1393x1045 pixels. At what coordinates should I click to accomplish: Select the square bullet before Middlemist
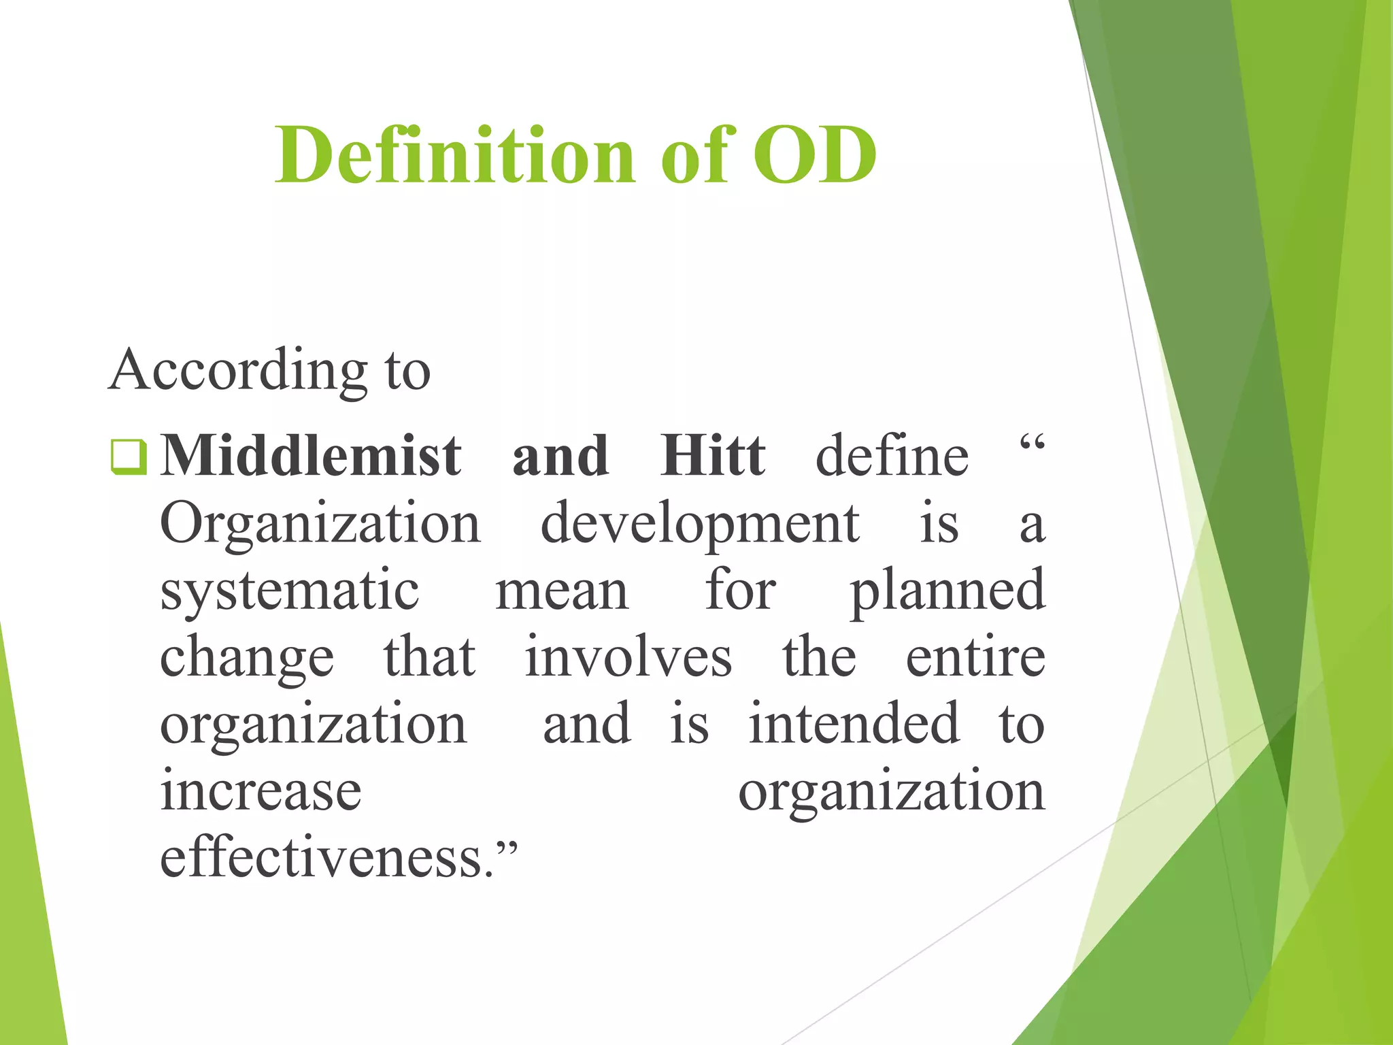pyautogui.click(x=128, y=457)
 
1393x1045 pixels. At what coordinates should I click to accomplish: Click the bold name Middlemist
pyautogui.click(x=311, y=456)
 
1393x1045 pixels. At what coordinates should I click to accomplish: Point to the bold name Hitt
pyautogui.click(x=713, y=456)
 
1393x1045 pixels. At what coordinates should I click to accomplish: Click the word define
pyautogui.click(x=892, y=456)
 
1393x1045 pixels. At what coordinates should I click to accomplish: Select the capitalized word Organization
pyautogui.click(x=320, y=525)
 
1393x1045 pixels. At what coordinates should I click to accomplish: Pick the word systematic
pyautogui.click(x=290, y=591)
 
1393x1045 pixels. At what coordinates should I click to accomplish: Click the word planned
pyautogui.click(x=947, y=591)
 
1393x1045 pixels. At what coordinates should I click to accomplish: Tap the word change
pyautogui.click(x=247, y=659)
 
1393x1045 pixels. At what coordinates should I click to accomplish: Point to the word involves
pyautogui.click(x=628, y=657)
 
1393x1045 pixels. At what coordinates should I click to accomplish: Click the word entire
pyautogui.click(x=975, y=657)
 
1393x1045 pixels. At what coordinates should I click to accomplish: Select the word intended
pyautogui.click(x=854, y=724)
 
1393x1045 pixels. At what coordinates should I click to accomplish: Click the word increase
pyautogui.click(x=261, y=791)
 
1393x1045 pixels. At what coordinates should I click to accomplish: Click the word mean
pyautogui.click(x=562, y=591)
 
